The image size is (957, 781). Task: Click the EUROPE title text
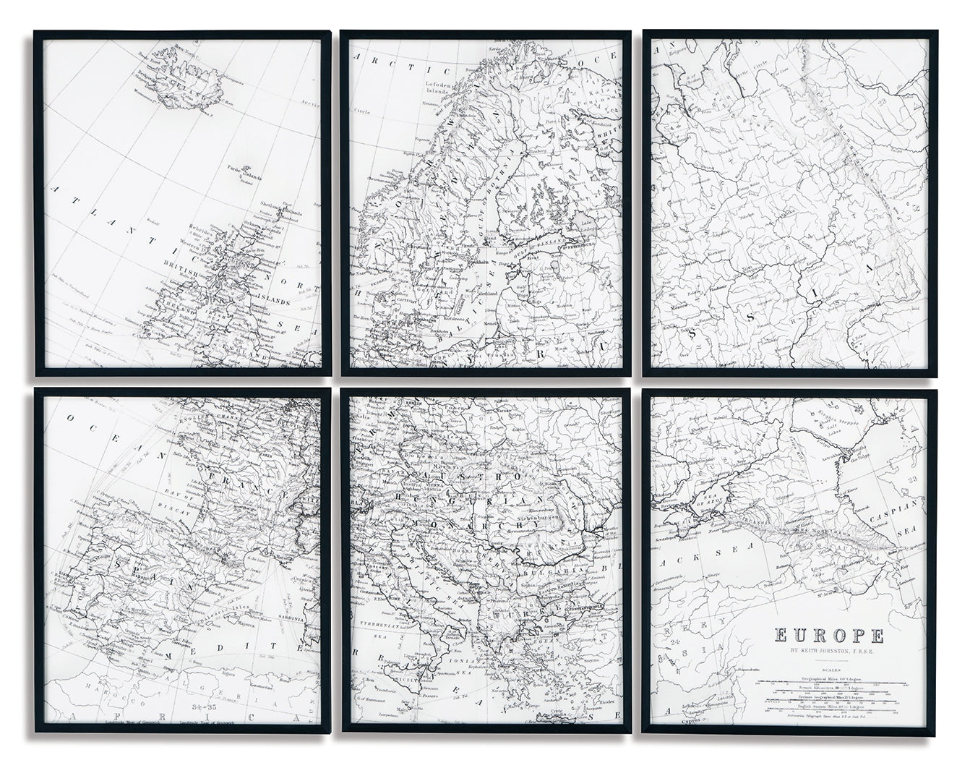(829, 636)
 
